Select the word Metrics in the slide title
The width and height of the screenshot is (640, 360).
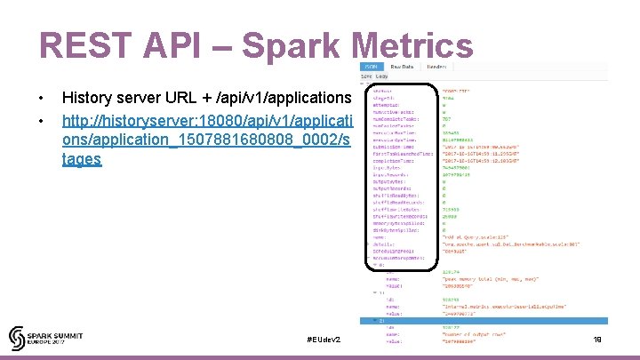(x=412, y=47)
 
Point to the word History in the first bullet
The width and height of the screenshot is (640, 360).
(x=87, y=98)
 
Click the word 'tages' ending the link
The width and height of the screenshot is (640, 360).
(x=82, y=160)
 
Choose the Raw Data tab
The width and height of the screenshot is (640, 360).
(x=403, y=67)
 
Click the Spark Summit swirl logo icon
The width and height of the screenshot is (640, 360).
(x=20, y=338)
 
